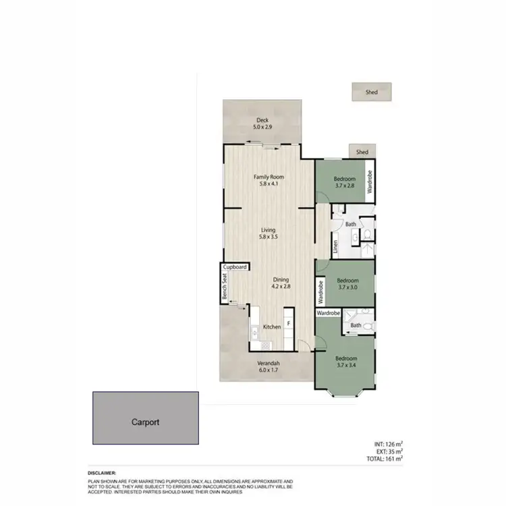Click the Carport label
pos(145,422)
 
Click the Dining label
pos(281,279)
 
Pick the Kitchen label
pos(272,327)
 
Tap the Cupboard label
pos(235,267)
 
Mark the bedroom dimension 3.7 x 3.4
pos(346,365)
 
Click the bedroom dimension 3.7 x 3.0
pos(347,287)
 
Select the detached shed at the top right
pos(371,92)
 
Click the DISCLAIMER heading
pos(102,473)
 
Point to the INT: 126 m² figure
pos(388,444)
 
